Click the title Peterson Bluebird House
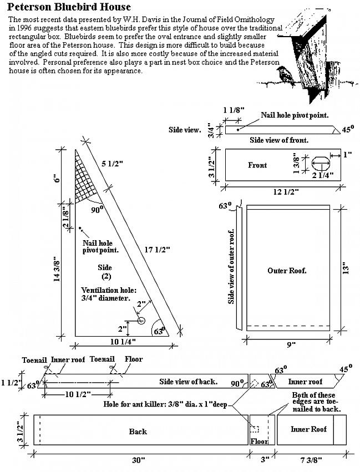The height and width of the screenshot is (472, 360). coord(70,7)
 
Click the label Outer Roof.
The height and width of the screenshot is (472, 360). coord(287,271)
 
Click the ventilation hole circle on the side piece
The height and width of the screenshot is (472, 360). coord(141,321)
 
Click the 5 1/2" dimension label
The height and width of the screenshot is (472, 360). coord(113,164)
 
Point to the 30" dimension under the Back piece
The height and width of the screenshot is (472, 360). coord(138,460)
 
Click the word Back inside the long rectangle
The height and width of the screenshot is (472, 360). coord(138,432)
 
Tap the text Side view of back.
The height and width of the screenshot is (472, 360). coord(187,382)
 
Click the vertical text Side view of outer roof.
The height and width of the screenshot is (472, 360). coord(232,266)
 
